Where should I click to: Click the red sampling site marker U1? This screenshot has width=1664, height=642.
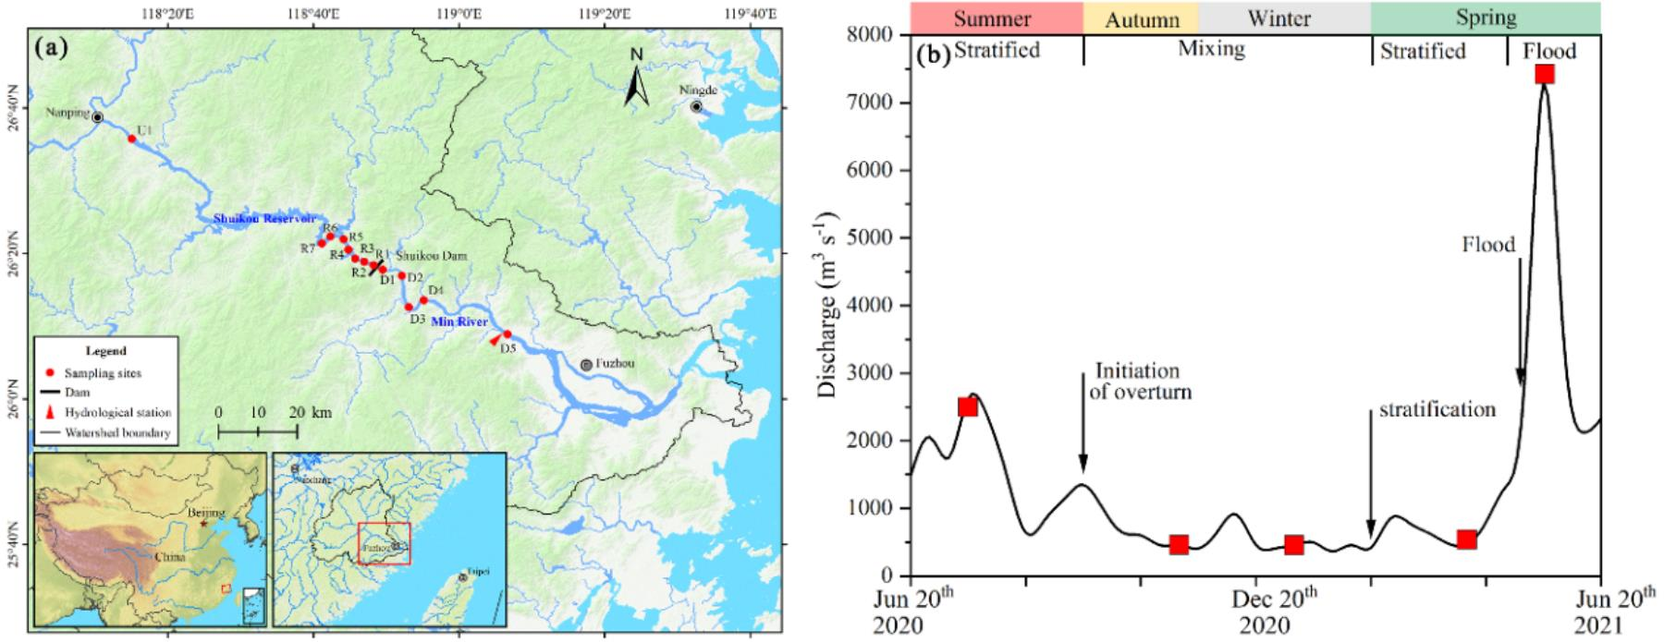tap(131, 139)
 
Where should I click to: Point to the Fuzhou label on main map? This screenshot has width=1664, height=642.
tap(611, 365)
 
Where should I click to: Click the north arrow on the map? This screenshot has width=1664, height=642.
tap(636, 79)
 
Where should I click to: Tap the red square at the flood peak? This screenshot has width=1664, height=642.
tap(1544, 74)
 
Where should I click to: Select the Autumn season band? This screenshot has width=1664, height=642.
tap(1141, 18)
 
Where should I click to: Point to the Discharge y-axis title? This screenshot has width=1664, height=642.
tap(828, 305)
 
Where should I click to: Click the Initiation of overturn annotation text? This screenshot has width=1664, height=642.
tap(1143, 382)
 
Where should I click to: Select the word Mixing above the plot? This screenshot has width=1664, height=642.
tap(1211, 49)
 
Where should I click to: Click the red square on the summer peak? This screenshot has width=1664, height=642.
tap(968, 406)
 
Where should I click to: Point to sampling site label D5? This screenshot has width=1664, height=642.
tap(508, 348)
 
